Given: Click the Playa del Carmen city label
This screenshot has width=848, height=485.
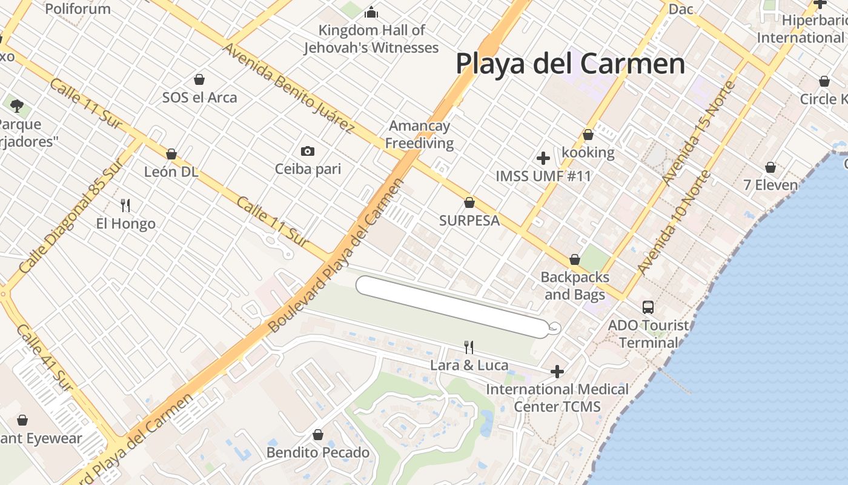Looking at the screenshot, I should pyautogui.click(x=570, y=64).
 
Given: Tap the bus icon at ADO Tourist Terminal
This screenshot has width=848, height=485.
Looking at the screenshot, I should pyautogui.click(x=648, y=307).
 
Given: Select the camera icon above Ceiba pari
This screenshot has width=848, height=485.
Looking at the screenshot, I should pyautogui.click(x=308, y=151).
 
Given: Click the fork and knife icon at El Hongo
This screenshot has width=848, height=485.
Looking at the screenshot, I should pyautogui.click(x=125, y=206).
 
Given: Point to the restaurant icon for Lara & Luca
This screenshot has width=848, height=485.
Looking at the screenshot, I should pyautogui.click(x=468, y=347).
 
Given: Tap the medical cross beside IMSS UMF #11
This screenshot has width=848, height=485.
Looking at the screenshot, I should pyautogui.click(x=543, y=158).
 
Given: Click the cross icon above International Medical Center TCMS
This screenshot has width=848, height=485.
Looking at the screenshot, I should pyautogui.click(x=557, y=371).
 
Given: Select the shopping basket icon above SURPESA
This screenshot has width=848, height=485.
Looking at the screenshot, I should pyautogui.click(x=469, y=202).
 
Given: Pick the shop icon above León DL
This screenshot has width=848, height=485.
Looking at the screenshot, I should pyautogui.click(x=171, y=154).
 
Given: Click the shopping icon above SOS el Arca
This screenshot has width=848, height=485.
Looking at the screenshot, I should pyautogui.click(x=199, y=79).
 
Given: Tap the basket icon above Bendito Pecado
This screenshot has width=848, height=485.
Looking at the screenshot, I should pyautogui.click(x=318, y=435).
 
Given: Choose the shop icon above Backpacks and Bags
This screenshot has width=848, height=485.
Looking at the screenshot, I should pyautogui.click(x=575, y=259).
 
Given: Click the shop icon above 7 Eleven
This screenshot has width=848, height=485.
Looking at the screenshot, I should pyautogui.click(x=770, y=167).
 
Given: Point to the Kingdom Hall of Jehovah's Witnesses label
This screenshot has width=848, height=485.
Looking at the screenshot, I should pyautogui.click(x=371, y=39).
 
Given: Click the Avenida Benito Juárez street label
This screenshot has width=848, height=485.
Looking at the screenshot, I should pyautogui.click(x=289, y=88).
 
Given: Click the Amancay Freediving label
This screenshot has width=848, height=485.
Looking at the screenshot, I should pyautogui.click(x=420, y=135).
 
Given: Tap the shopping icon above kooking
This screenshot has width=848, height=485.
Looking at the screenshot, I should pyautogui.click(x=588, y=135).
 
